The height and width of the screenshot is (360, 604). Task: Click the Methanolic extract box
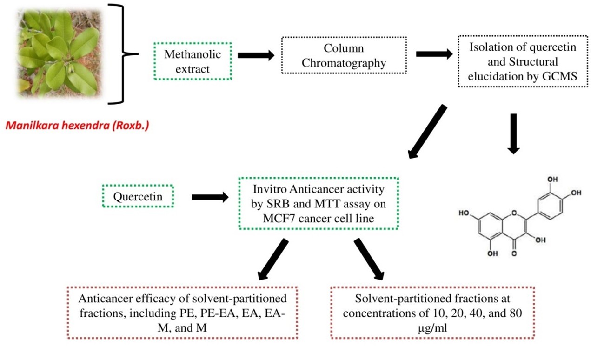pos(192,61)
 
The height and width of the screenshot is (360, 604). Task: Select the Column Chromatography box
pos(344,55)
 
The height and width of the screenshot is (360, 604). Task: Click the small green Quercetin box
pos(138,197)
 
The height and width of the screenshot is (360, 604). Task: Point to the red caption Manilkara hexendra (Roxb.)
pos(77,126)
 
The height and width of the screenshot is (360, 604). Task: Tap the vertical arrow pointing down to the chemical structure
pos(513,133)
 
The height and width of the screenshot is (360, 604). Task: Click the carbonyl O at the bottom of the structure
pos(513,253)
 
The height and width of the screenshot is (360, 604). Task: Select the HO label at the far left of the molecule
pos(465,213)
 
